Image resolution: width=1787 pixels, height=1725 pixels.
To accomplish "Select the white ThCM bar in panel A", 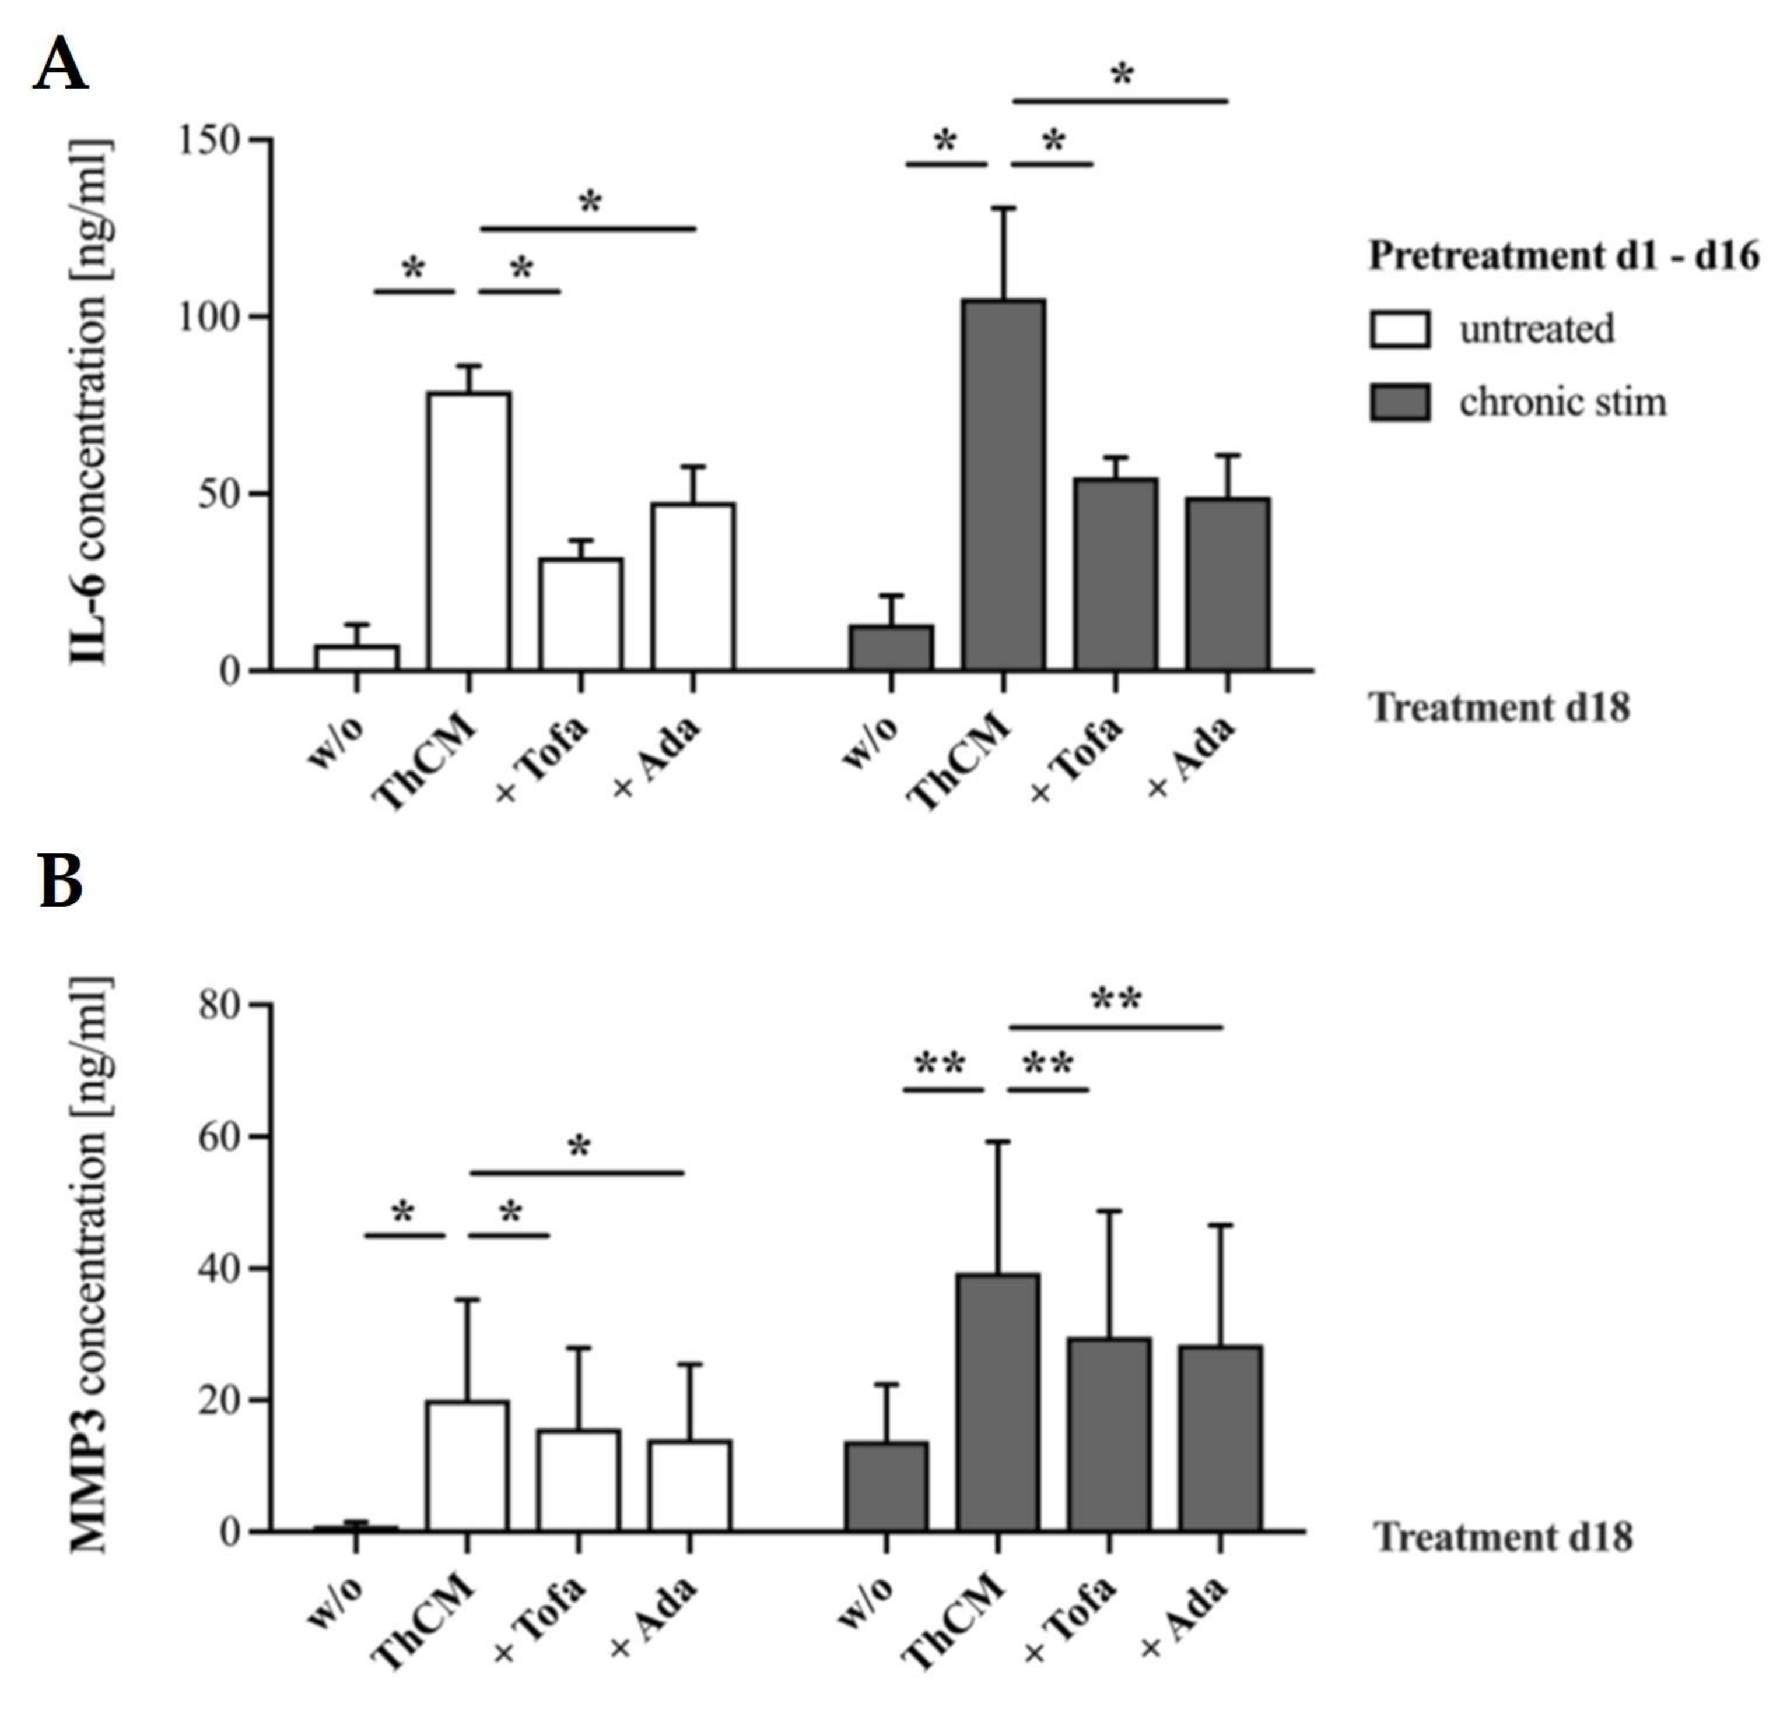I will click(469, 533).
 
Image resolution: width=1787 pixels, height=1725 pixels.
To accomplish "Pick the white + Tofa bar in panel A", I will click(581, 615).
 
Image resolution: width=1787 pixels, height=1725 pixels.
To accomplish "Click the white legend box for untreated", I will click(1400, 329).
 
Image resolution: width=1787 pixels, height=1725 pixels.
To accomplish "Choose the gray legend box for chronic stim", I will click(1400, 402).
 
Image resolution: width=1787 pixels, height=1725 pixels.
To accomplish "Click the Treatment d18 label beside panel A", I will click(1500, 707).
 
